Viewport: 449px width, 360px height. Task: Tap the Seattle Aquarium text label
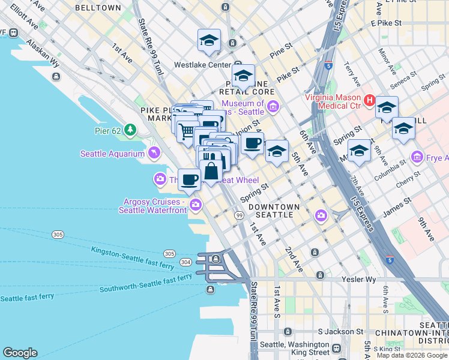[113, 154]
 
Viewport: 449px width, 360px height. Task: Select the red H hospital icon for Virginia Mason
[370, 101]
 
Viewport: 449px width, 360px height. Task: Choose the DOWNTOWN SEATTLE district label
[274, 211]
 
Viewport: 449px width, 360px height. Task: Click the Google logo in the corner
[20, 353]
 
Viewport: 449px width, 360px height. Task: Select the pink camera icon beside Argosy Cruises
[196, 206]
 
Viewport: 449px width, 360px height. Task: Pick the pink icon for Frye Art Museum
[417, 157]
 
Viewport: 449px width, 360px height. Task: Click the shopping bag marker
[212, 170]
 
